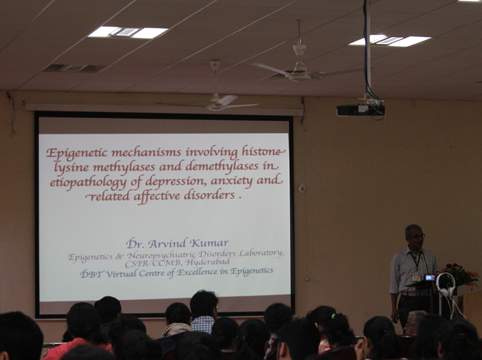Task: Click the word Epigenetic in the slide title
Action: [x=77, y=153]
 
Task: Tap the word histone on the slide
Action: [x=262, y=151]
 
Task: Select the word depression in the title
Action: [x=174, y=182]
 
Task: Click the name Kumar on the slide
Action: [x=209, y=243]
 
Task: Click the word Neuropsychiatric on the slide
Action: [x=161, y=255]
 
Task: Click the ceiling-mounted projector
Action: [x=360, y=110]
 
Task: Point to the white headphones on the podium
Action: [x=445, y=284]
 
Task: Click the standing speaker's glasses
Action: [x=417, y=236]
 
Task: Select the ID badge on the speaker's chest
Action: [x=415, y=278]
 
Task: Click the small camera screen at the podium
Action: [x=430, y=278]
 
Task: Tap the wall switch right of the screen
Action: [x=302, y=188]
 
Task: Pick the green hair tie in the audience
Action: [x=333, y=316]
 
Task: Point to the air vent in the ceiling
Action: [x=73, y=68]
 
